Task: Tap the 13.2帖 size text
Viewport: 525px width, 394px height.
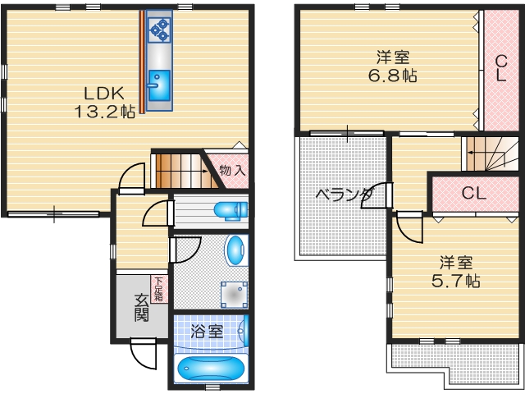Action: (x=106, y=112)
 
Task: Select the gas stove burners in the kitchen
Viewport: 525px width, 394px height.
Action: (x=158, y=31)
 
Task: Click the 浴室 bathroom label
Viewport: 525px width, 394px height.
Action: (x=207, y=332)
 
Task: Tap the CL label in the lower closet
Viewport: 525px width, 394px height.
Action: (x=473, y=194)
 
